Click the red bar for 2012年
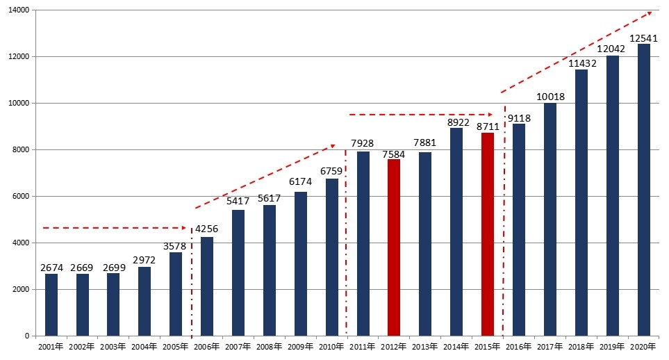[x=394, y=247]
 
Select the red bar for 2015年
[x=488, y=234]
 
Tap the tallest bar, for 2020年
[x=644, y=190]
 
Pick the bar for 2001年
[x=51, y=304]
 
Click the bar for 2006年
[x=207, y=286]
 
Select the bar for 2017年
[x=550, y=219]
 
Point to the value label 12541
[x=644, y=38]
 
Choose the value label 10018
[x=550, y=97]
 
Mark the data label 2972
[x=144, y=261]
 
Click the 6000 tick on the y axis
[x=19, y=196]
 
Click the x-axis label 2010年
[x=331, y=346]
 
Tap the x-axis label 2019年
[x=612, y=346]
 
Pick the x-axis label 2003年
[x=113, y=346]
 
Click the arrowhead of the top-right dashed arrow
[x=649, y=13]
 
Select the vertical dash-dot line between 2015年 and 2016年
[x=504, y=222]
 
